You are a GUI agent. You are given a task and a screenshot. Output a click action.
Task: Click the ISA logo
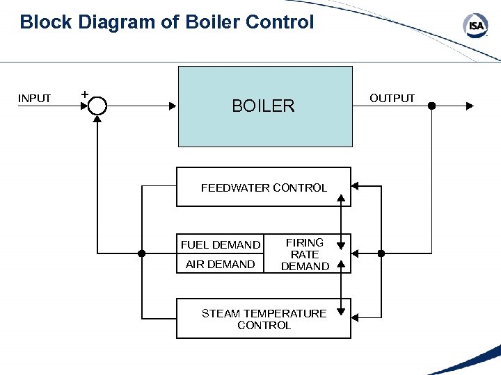(x=475, y=26)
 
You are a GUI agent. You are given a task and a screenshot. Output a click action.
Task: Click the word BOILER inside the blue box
(x=263, y=106)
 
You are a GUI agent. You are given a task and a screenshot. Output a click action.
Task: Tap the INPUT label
(x=34, y=99)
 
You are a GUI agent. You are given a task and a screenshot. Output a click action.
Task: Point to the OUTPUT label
(x=392, y=99)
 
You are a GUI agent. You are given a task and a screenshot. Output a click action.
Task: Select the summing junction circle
(x=97, y=106)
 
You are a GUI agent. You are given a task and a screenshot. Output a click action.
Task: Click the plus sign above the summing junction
(x=84, y=92)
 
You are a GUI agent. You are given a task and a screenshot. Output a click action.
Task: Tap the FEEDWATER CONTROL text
(x=264, y=187)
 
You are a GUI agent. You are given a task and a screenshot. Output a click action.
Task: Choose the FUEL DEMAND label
(x=221, y=244)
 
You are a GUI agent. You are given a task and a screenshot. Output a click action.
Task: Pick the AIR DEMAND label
(x=220, y=264)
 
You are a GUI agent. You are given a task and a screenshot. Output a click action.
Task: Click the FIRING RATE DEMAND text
(x=305, y=254)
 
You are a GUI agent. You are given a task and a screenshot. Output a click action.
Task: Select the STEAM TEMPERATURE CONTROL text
(x=264, y=319)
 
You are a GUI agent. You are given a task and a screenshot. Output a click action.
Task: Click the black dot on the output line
(x=431, y=106)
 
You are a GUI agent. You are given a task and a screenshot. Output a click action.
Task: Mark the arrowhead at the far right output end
(x=470, y=106)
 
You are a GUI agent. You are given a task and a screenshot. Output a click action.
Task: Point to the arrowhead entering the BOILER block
(x=173, y=106)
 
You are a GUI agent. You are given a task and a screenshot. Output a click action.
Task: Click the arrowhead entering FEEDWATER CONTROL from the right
(x=355, y=186)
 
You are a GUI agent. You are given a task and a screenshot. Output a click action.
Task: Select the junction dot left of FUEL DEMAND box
(x=141, y=253)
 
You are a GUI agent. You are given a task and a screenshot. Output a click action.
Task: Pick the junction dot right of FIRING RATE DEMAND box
(x=381, y=253)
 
